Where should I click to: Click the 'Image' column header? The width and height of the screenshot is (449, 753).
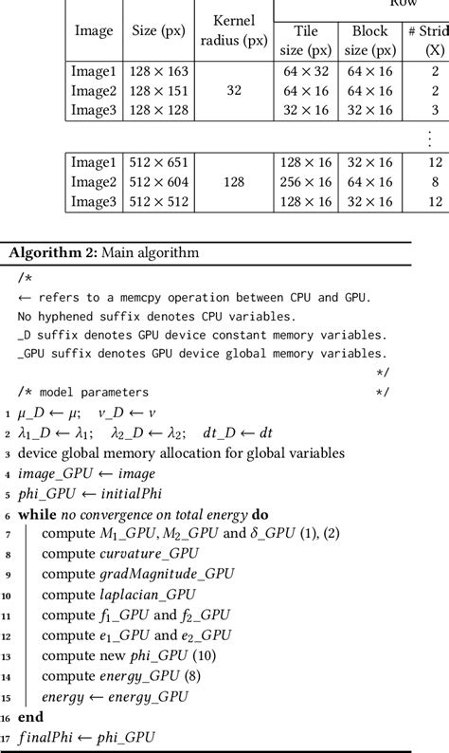coord(94,29)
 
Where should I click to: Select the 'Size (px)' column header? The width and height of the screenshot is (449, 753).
coord(158,29)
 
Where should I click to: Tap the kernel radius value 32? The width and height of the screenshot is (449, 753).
coord(234,91)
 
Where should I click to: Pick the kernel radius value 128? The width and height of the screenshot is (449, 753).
coord(234,182)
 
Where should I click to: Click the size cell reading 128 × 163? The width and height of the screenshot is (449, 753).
coord(158,71)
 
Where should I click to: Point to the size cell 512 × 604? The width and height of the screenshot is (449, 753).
coord(158,182)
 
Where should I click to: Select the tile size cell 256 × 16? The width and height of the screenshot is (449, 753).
coord(306,182)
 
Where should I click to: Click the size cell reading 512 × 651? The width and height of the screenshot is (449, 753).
coord(158,163)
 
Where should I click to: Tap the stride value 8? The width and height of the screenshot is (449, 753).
coord(435,182)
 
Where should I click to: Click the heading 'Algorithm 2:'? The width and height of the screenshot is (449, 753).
coord(42,252)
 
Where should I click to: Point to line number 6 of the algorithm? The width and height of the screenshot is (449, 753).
coord(8,515)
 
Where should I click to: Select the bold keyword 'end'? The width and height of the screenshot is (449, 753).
coord(30,717)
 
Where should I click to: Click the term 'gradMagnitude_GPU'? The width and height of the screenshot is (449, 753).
coord(166,574)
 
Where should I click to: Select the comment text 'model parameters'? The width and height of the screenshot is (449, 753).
coord(94,392)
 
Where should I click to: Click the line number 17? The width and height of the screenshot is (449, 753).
coord(8,737)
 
